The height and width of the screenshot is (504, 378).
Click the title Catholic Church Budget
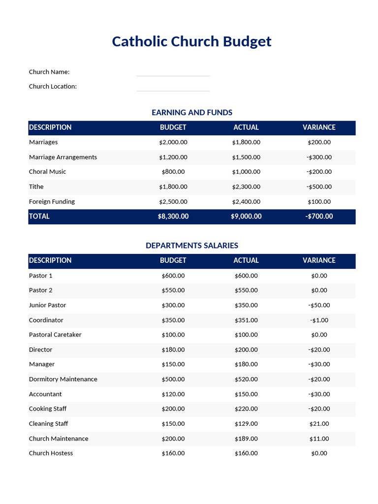[x=191, y=41]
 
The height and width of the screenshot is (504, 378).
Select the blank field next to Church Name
[x=173, y=72]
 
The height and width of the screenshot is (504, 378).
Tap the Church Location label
[x=53, y=87]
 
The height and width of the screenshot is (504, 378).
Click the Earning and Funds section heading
[x=192, y=113]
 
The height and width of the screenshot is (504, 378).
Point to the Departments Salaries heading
[x=192, y=246]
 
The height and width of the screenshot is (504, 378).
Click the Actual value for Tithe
[x=246, y=187]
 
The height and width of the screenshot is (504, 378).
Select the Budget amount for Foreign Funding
[x=173, y=202]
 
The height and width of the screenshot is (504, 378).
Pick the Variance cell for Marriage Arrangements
[x=319, y=157]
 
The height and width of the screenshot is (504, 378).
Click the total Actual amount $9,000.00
[x=246, y=217]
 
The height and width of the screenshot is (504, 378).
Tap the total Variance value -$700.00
[x=319, y=217]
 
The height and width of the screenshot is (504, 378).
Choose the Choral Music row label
[x=47, y=172]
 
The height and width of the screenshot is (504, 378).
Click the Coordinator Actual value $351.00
[x=246, y=320]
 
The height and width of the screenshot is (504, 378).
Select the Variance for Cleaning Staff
[x=319, y=424]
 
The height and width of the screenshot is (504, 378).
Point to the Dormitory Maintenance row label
[x=63, y=379]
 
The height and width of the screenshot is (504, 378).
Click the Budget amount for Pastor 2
[x=173, y=290]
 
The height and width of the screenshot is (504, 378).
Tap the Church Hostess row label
[x=51, y=453]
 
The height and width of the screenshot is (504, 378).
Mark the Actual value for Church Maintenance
[x=246, y=439]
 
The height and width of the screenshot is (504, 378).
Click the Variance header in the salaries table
[x=319, y=260]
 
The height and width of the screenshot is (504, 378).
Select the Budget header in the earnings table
[x=173, y=127]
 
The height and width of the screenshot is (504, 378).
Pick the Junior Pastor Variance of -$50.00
[x=319, y=306]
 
